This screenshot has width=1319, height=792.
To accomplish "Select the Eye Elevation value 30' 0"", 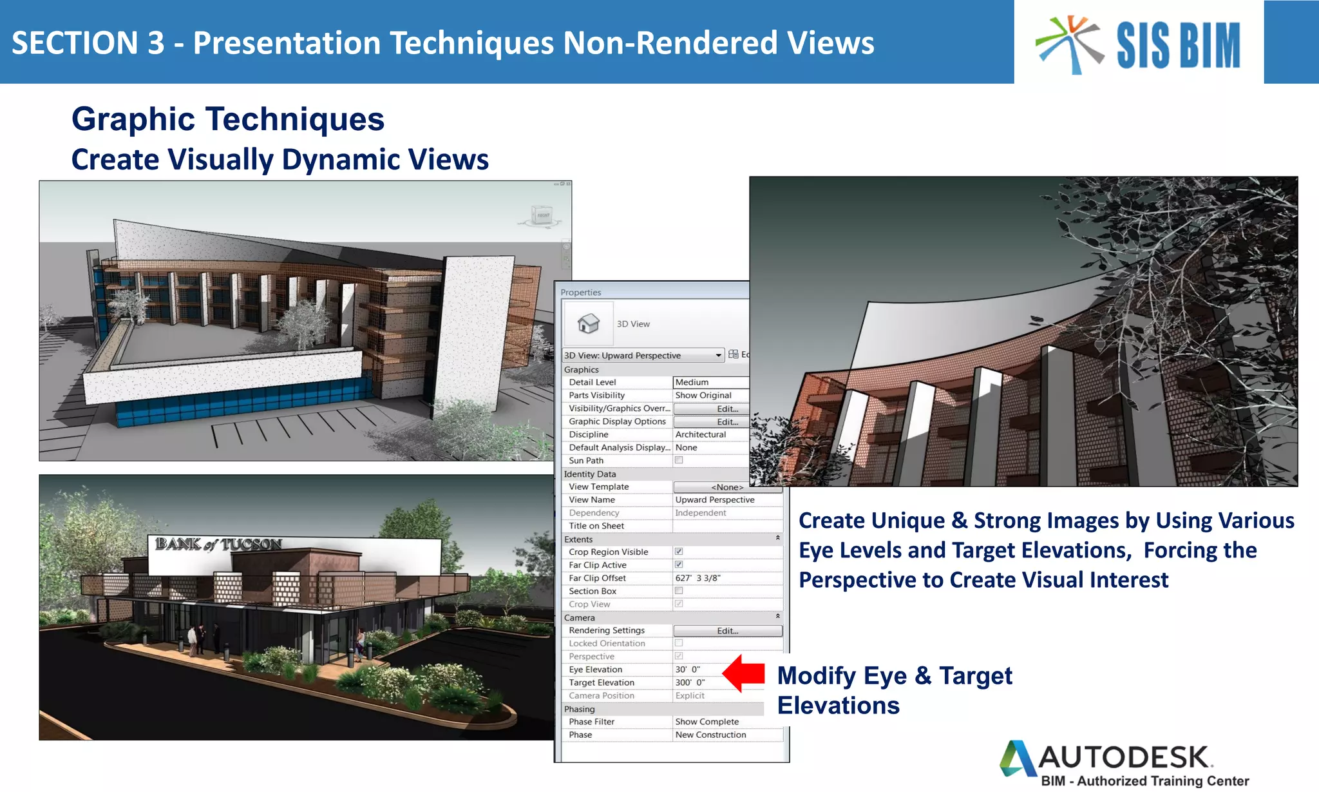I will pyautogui.click(x=687, y=670).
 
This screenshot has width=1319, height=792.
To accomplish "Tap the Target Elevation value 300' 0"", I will pyautogui.click(x=690, y=682).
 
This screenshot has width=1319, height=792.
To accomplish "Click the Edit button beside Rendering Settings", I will pyautogui.click(x=727, y=631).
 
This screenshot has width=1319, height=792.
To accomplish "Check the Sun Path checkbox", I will pyautogui.click(x=679, y=460).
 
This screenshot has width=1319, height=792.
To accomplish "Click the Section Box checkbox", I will pyautogui.click(x=679, y=591).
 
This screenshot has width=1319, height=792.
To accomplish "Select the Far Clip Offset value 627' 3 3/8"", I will pyautogui.click(x=697, y=578).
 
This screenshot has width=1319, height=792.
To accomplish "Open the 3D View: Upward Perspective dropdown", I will pyautogui.click(x=718, y=356).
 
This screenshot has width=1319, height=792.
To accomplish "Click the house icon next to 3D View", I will pyautogui.click(x=588, y=324).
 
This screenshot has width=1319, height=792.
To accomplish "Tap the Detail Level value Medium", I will pyautogui.click(x=692, y=382).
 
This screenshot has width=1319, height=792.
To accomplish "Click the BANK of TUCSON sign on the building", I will pyautogui.click(x=218, y=545).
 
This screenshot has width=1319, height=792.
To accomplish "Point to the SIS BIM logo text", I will pyautogui.click(x=1178, y=45).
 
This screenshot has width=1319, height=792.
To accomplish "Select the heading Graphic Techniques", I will pyautogui.click(x=227, y=119).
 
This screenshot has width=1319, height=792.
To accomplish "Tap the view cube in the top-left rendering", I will pyautogui.click(x=542, y=215).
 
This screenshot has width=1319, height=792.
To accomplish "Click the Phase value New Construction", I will pyautogui.click(x=710, y=735).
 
